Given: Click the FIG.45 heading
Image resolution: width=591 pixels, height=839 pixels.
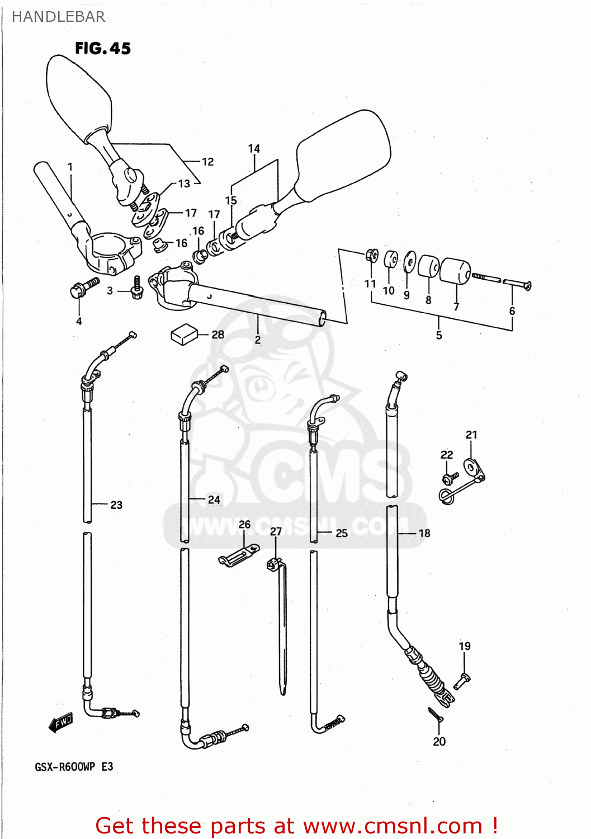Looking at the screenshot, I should (103, 49).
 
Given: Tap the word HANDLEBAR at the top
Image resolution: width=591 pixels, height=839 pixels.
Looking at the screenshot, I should (58, 17).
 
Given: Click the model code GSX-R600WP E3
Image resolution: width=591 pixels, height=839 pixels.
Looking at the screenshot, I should (74, 766).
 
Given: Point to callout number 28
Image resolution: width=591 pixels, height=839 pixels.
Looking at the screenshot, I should (218, 334).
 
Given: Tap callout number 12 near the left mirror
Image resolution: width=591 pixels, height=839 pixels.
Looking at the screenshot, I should (207, 162).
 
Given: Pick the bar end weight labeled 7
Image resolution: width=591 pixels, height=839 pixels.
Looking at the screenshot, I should (456, 271).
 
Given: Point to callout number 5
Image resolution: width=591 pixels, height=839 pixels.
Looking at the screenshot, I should (439, 335).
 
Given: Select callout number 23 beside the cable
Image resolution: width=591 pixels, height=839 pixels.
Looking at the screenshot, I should (116, 505).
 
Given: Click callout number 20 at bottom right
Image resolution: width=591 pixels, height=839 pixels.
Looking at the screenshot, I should (439, 741).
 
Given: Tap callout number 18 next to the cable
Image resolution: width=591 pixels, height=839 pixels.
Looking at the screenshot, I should (424, 533).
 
